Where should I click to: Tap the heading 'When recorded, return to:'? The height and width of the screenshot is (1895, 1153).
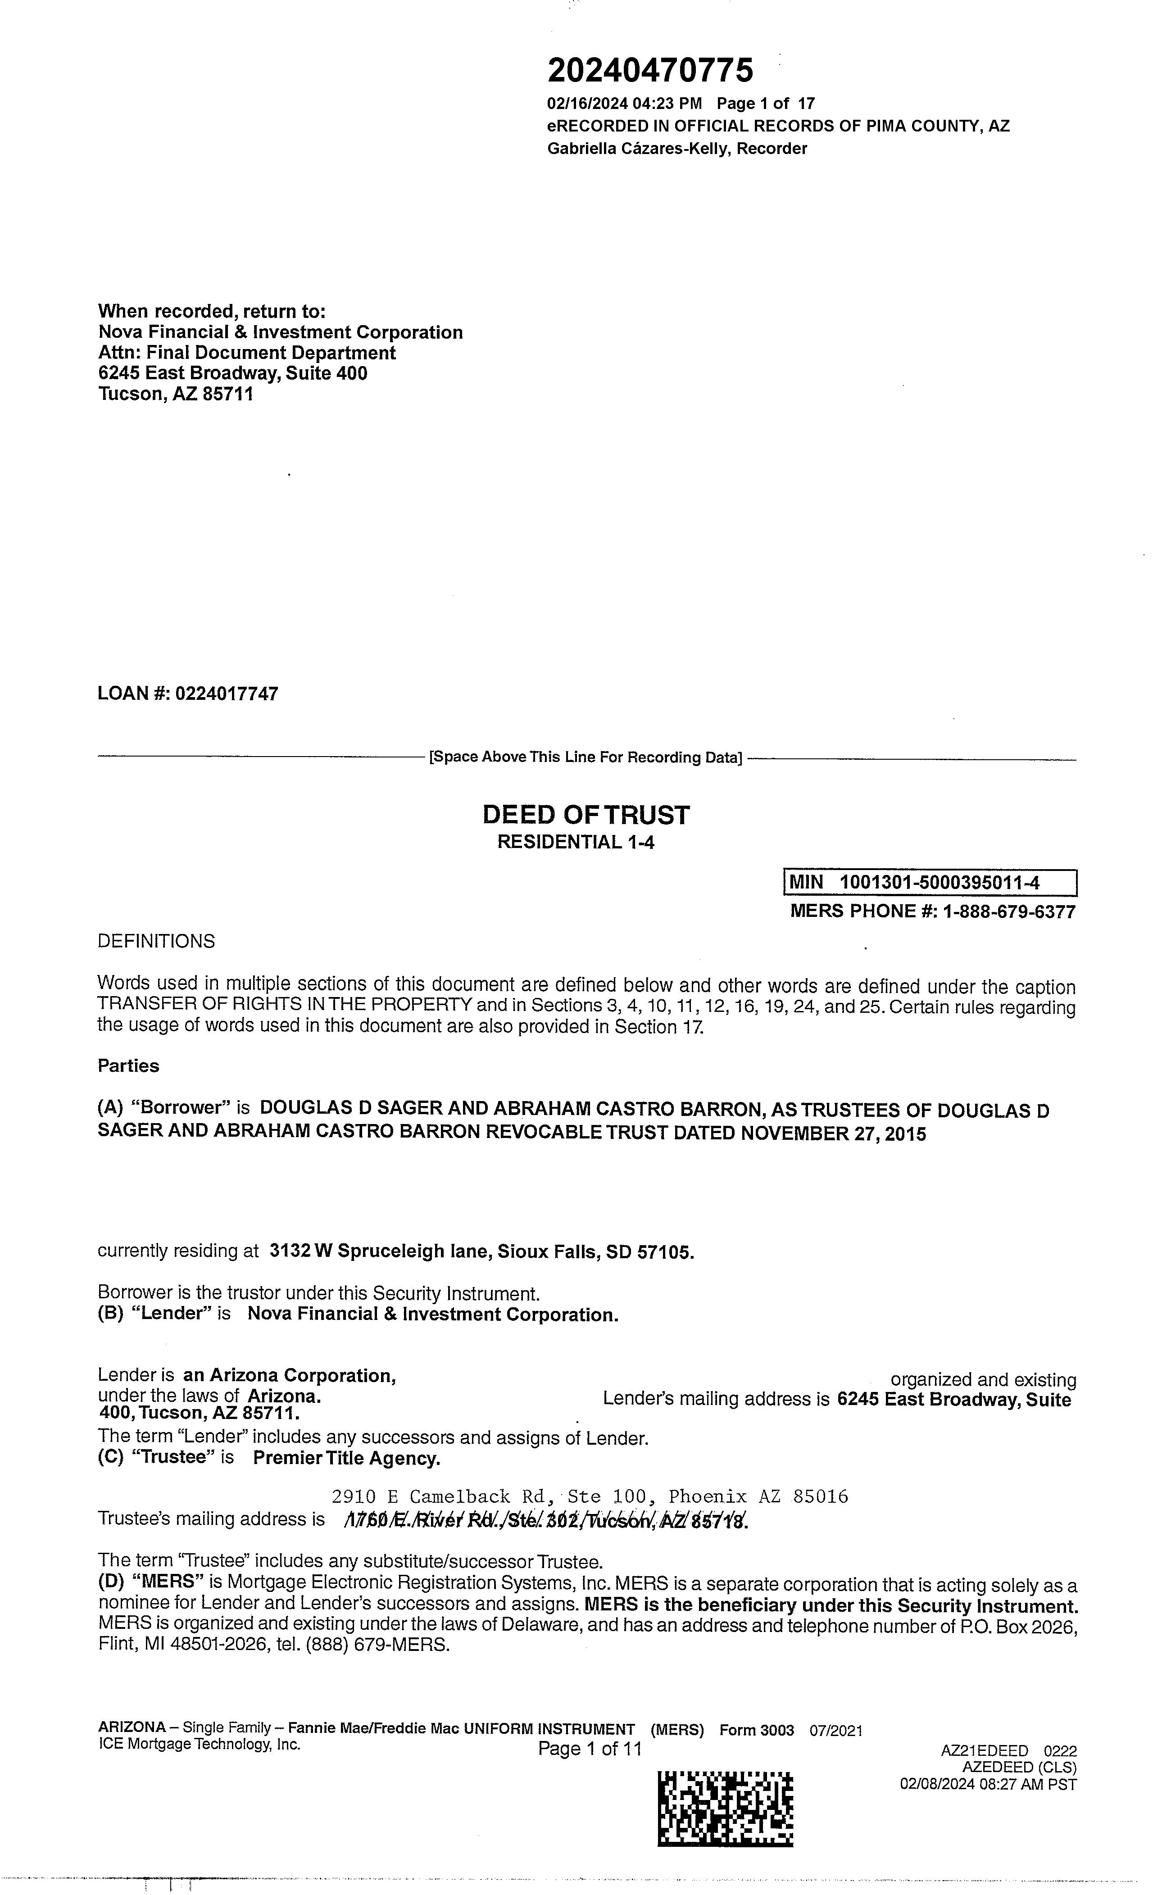click(212, 312)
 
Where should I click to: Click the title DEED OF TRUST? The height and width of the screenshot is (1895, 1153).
click(586, 815)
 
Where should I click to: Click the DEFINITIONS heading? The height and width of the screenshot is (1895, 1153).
click(156, 941)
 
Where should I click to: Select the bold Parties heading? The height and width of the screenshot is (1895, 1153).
click(128, 1066)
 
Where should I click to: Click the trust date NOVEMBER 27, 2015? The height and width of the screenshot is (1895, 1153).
click(833, 1133)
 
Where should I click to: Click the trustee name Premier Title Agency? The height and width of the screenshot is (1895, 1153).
click(347, 1458)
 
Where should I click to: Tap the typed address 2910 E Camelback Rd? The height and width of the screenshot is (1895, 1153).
click(438, 1496)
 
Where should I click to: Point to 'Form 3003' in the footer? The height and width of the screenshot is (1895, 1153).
click(756, 1731)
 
